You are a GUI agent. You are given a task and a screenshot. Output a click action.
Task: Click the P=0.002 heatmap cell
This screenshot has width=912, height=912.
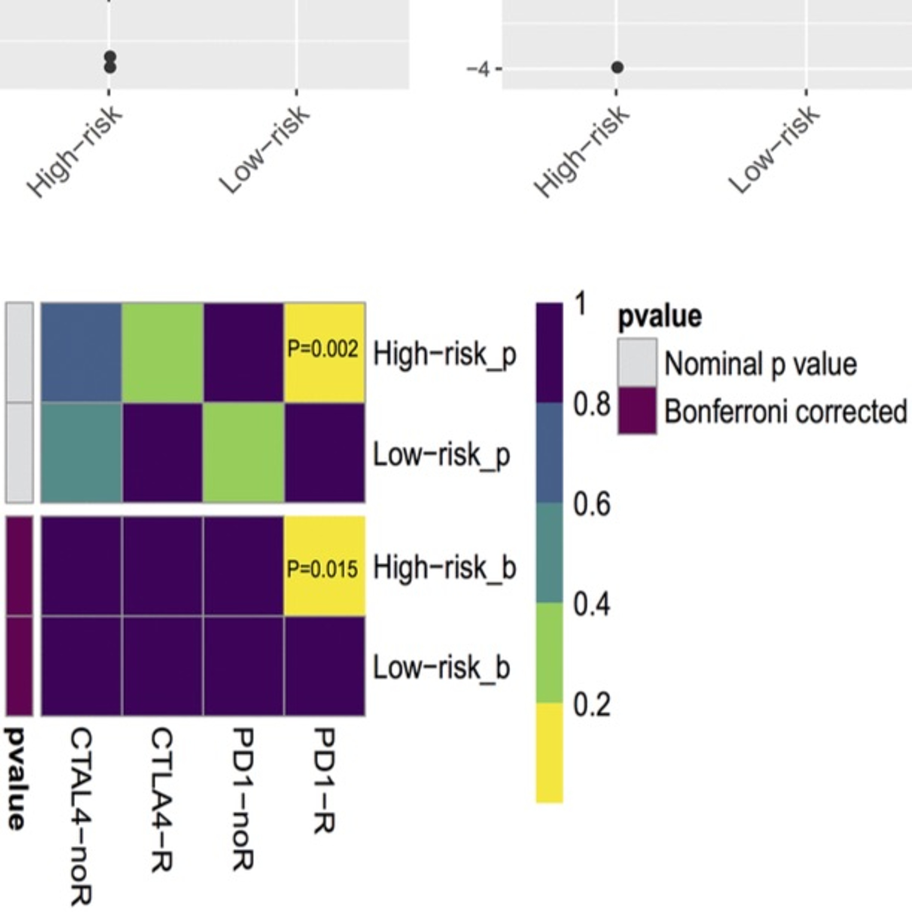324,352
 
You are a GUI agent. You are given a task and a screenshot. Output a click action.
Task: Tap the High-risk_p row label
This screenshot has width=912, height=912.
445,354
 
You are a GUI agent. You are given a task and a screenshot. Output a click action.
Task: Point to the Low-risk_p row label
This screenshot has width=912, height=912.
441,455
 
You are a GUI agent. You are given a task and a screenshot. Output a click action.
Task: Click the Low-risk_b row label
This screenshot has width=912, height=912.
441,668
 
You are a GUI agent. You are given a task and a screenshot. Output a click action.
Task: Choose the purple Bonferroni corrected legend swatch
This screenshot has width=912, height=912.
637,410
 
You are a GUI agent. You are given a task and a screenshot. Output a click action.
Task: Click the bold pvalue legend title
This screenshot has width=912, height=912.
659,316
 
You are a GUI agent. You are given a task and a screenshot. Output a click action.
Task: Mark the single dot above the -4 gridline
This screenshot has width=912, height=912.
617,67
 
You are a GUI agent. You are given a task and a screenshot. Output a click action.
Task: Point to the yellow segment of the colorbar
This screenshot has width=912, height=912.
549,752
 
